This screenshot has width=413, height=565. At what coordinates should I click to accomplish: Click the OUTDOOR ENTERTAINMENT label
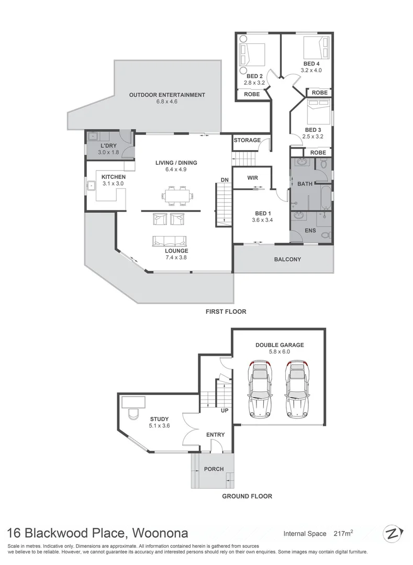(167, 95)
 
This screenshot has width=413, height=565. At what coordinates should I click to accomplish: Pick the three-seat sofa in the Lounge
(169, 241)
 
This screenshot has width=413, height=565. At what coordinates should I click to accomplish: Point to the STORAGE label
(247, 140)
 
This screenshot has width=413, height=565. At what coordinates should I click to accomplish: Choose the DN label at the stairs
(225, 180)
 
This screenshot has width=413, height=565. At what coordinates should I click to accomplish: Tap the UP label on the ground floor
(225, 411)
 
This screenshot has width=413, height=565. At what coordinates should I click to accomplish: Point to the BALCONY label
(287, 259)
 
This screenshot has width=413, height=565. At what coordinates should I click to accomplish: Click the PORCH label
(213, 469)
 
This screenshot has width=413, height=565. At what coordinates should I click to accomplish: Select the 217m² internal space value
(343, 534)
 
